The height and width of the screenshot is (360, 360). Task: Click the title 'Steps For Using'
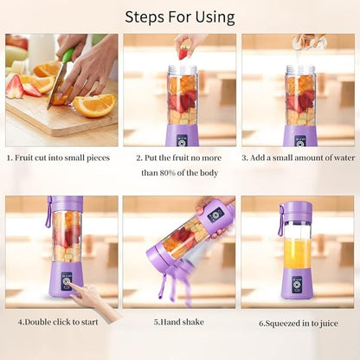[x=180, y=16]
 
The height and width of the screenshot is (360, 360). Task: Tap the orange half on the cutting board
[x=94, y=105]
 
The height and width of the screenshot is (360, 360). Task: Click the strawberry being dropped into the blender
[x=183, y=53]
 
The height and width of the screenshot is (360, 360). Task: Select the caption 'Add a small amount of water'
[x=299, y=158]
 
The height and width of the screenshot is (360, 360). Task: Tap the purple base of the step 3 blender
[x=300, y=135]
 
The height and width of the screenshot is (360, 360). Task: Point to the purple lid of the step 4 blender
[x=65, y=204]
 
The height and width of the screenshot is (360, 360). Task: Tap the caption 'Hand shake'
[x=180, y=322]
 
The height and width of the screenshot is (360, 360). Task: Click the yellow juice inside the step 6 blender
[x=297, y=254]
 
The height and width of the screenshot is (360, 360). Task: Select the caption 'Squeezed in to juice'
[x=299, y=323]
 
